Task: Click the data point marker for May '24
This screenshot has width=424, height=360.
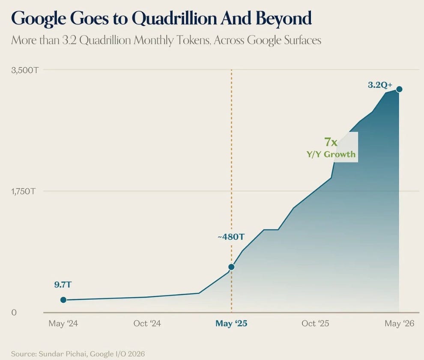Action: (63, 300)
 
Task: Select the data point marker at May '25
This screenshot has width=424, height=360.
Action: (231, 267)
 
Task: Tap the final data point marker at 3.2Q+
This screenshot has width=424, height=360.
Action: (399, 89)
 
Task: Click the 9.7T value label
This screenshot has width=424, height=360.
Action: (63, 285)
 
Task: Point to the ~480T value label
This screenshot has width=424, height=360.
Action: (231, 237)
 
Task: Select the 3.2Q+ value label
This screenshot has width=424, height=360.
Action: (380, 85)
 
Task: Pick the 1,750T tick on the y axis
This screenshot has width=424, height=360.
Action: (23, 192)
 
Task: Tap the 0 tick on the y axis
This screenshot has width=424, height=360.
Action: (14, 313)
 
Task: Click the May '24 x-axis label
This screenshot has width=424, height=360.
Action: (63, 324)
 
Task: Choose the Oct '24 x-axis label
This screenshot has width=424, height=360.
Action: (147, 324)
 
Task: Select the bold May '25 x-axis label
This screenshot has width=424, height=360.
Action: (231, 324)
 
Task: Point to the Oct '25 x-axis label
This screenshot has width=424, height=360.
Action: (315, 324)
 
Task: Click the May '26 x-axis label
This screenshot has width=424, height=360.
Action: (400, 324)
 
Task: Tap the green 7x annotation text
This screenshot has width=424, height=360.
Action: (331, 142)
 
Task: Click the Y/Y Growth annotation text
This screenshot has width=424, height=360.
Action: (331, 155)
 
